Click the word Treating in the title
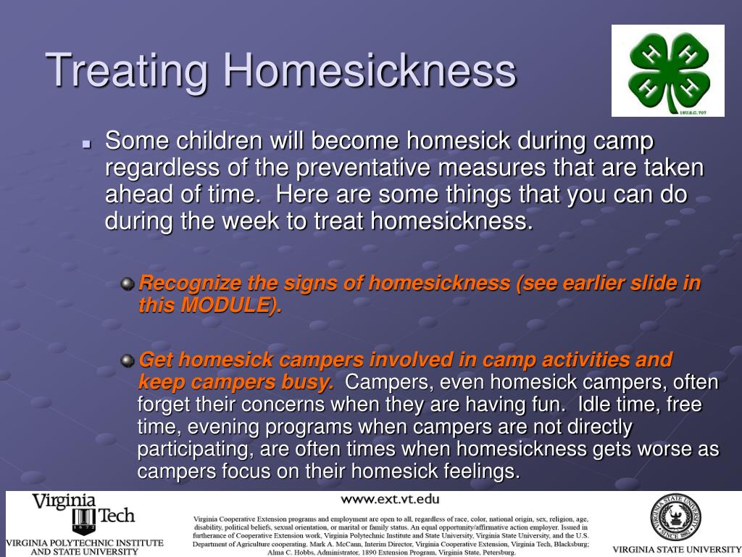128,71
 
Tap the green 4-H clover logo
667,70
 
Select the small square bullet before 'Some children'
86,144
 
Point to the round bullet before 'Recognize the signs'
128,284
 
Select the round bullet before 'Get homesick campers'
128,360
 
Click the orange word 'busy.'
313,382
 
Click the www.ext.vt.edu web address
390,499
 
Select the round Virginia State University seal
675,518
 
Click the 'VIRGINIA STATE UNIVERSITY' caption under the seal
675,549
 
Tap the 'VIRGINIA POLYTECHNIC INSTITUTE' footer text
85,542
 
